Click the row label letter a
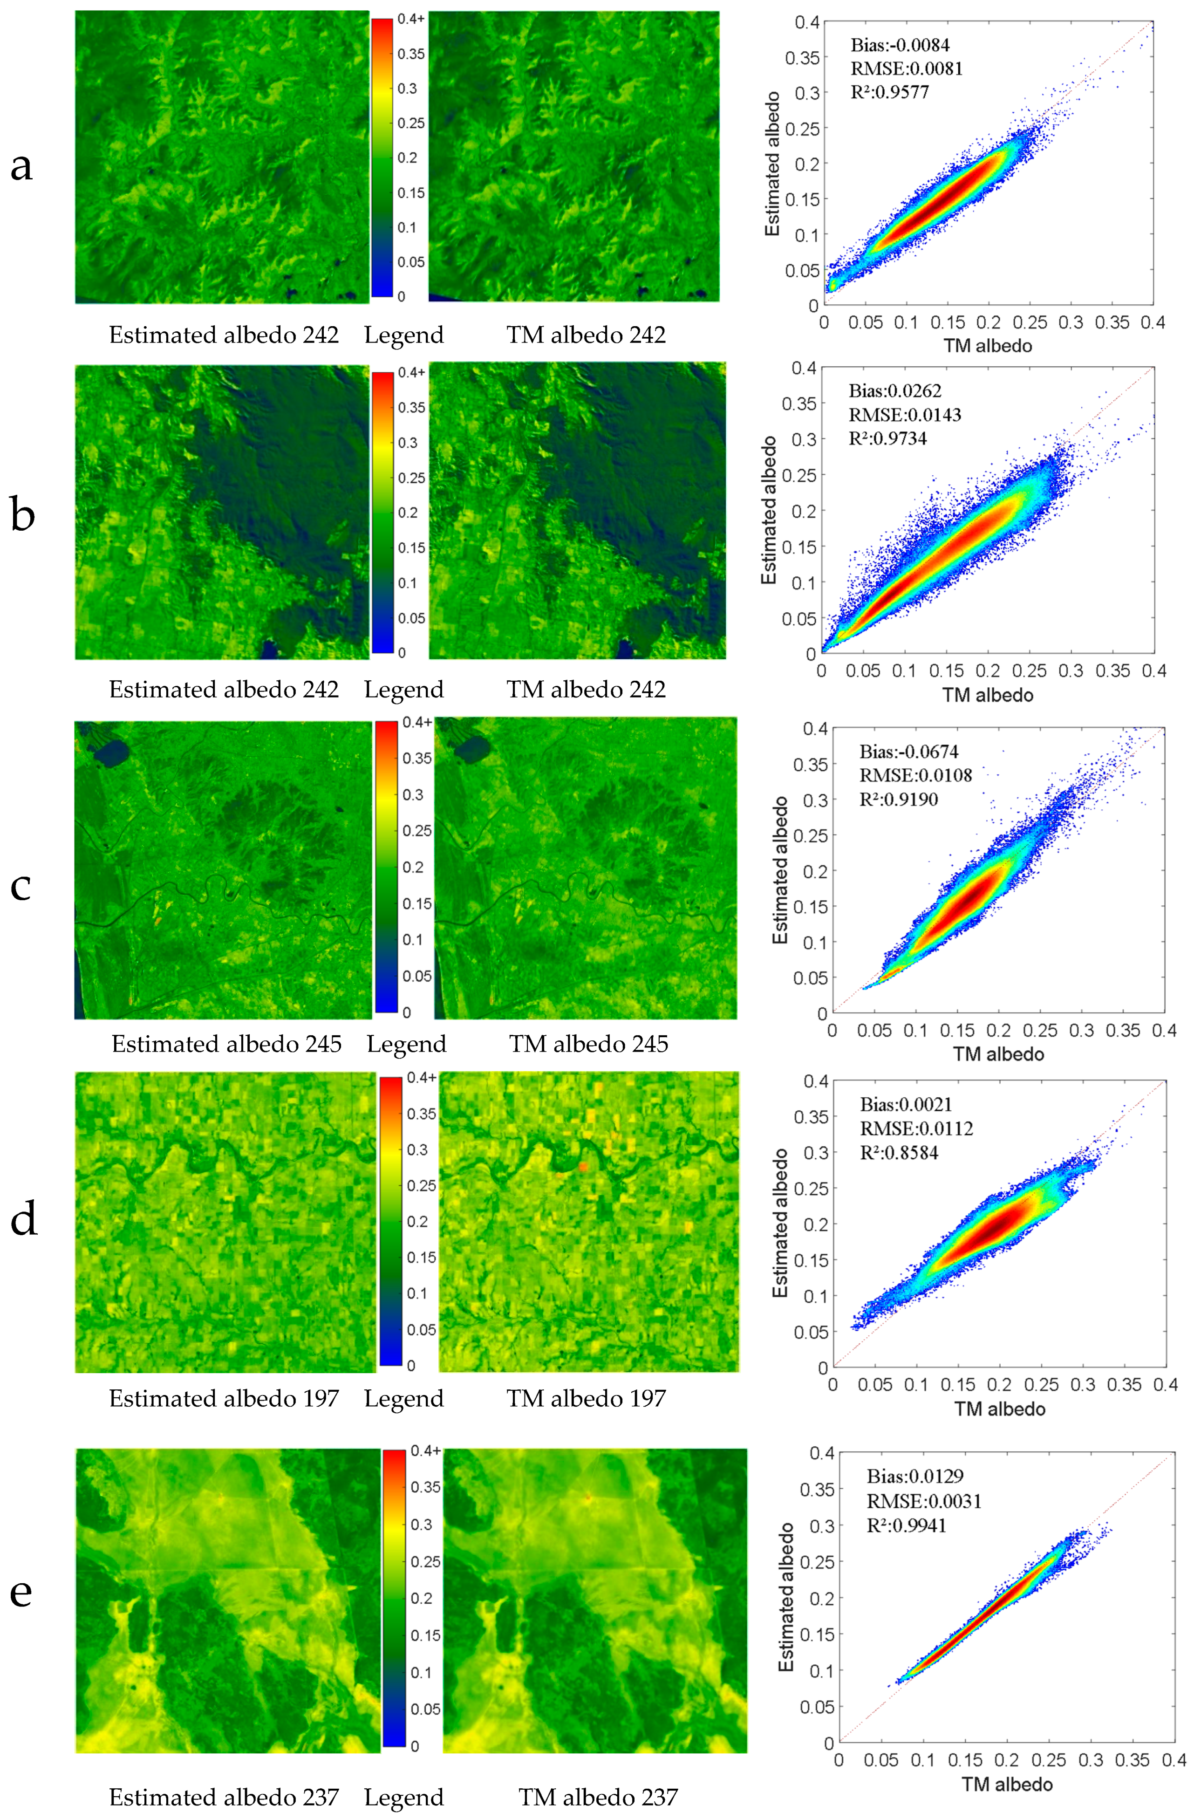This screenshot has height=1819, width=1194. (x=21, y=167)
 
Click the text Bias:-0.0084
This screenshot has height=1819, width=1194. (x=900, y=45)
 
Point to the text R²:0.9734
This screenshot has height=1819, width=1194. (x=887, y=439)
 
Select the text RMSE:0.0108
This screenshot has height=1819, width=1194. (x=915, y=776)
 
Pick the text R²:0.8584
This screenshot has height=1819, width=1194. (x=899, y=1153)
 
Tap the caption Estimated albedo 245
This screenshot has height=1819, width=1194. (x=226, y=1044)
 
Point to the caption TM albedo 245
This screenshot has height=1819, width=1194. (x=588, y=1044)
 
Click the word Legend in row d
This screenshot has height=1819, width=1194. (x=403, y=1399)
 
